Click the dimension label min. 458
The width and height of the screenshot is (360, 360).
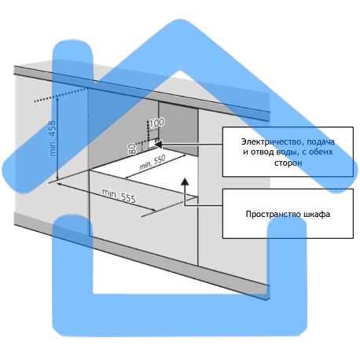53,138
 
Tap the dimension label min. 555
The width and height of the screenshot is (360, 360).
119,196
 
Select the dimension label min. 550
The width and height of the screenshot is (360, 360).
152,163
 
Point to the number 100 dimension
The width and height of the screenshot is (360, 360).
157,123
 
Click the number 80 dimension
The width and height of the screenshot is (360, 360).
133,149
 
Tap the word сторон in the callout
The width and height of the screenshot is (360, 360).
288,163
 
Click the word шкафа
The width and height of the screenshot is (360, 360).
317,214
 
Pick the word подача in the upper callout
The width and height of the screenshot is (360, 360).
321,141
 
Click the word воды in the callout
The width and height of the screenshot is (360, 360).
287,152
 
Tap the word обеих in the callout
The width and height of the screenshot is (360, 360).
321,152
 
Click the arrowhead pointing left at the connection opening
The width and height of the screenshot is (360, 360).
159,144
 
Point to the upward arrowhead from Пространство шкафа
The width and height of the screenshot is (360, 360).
185,182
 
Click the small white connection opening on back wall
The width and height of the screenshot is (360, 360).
152,144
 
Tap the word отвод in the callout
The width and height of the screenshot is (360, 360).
262,152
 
